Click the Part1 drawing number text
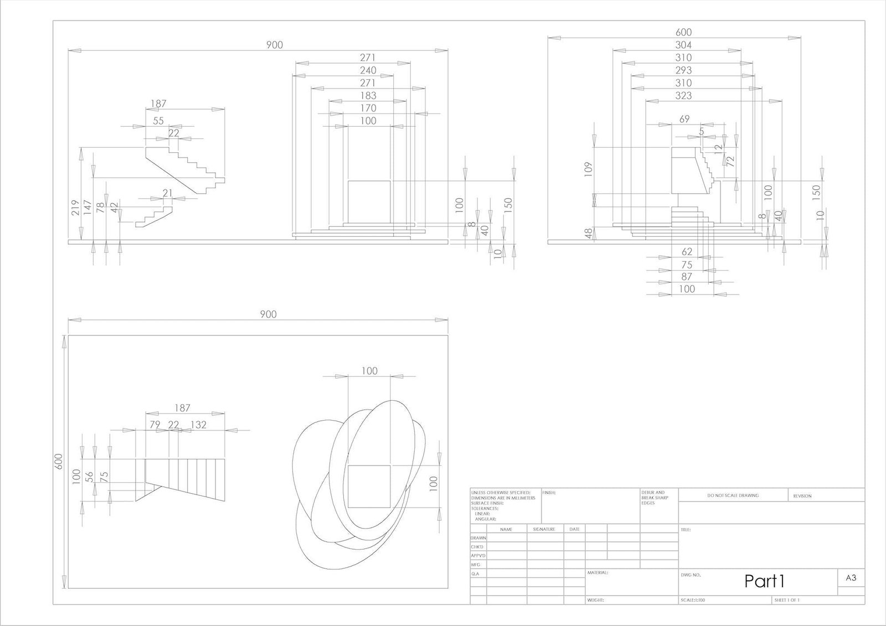(x=764, y=581)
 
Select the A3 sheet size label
(x=851, y=578)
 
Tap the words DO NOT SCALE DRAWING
(x=733, y=495)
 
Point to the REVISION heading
(x=802, y=496)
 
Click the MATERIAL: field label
(x=597, y=572)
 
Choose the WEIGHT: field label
(x=595, y=600)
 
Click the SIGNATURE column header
(x=544, y=529)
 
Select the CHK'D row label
(x=477, y=547)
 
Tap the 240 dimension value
(x=368, y=70)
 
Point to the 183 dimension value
(x=368, y=96)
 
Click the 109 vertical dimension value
(x=588, y=169)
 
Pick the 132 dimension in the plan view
(x=198, y=425)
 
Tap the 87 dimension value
(x=687, y=276)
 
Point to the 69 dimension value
(x=684, y=119)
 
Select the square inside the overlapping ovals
(x=369, y=487)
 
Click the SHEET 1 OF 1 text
(x=787, y=600)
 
